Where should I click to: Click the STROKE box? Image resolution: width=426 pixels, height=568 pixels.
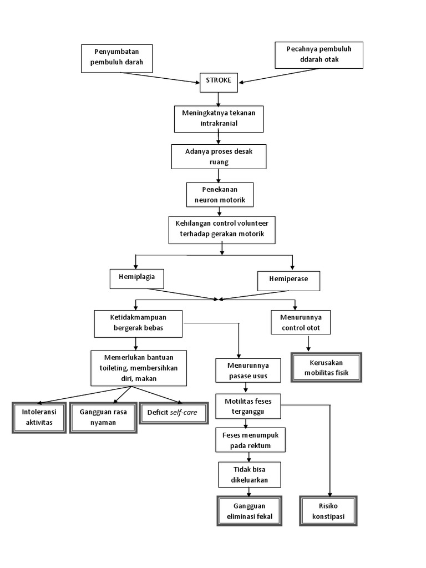(219, 81)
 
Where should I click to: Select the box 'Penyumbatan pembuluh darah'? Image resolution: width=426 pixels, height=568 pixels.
(116, 58)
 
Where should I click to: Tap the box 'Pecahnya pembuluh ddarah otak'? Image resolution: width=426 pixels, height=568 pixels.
(319, 54)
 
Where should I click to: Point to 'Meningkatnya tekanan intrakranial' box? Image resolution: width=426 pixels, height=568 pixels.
(219, 118)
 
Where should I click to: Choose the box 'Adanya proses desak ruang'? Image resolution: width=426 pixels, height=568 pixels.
(219, 156)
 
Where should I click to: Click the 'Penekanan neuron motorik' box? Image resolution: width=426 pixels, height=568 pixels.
(219, 195)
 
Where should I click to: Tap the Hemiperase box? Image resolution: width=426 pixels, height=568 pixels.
(290, 280)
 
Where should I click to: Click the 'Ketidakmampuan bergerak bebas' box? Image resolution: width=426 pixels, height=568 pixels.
(139, 323)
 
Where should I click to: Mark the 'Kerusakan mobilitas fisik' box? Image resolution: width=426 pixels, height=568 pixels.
(327, 367)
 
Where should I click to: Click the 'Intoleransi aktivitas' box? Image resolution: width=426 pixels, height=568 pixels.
(39, 417)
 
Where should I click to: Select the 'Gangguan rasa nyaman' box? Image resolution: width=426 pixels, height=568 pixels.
(103, 417)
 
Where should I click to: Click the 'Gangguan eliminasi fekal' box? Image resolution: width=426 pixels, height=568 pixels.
(250, 511)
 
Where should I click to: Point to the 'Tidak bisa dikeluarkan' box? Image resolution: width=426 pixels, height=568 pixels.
(250, 475)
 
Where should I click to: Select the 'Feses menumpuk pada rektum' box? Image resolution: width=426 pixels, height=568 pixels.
(250, 440)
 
